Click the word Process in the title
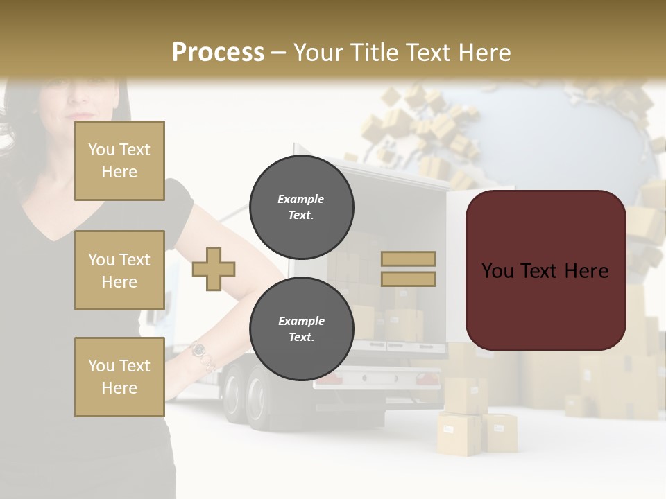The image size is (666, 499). [218, 52]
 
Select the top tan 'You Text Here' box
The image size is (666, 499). [119, 161]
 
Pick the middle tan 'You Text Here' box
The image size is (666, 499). [119, 270]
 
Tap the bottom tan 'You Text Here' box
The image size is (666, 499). [119, 377]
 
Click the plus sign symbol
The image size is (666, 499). [214, 269]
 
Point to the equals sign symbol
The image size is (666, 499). [408, 269]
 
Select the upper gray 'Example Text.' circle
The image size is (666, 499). [301, 207]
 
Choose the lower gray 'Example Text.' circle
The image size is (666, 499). [301, 329]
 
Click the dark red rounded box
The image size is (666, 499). [545, 270]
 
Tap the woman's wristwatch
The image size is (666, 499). [199, 350]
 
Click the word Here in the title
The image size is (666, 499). [483, 52]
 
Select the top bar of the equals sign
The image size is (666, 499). [408, 259]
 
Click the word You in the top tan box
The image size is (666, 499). [101, 150]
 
